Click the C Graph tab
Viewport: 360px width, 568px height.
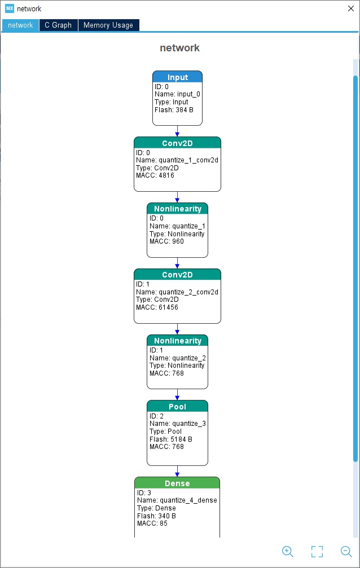click(58, 25)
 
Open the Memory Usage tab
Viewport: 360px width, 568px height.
click(108, 25)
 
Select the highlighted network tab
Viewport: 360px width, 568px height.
click(20, 25)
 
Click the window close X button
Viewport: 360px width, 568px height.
click(350, 8)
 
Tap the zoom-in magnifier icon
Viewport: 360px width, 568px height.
click(288, 551)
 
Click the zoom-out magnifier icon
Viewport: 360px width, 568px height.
click(346, 551)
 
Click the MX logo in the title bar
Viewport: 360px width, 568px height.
click(10, 8)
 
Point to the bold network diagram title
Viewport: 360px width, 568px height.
click(180, 48)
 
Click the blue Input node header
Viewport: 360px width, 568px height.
click(177, 77)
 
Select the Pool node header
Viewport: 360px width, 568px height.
click(177, 406)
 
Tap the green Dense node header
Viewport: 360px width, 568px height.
click(177, 483)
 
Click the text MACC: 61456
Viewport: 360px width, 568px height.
click(157, 307)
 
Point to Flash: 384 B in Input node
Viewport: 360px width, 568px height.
click(174, 110)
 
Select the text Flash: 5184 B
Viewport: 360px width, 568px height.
click(171, 439)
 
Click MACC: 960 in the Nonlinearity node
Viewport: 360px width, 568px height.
click(166, 241)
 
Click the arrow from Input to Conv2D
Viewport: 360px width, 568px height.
click(177, 131)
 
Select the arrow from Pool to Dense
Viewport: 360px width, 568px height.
click(177, 472)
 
